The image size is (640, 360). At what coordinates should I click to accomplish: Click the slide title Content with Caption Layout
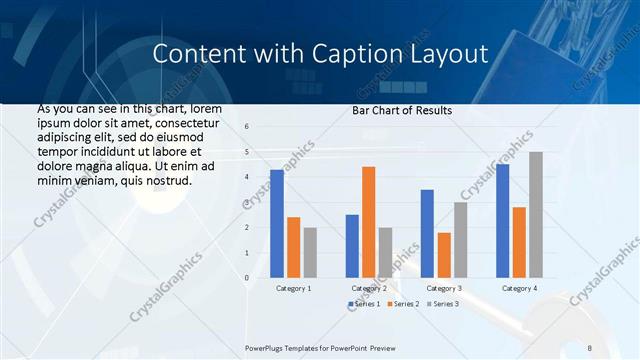coord(320,53)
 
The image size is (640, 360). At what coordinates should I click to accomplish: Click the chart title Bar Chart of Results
coord(402,110)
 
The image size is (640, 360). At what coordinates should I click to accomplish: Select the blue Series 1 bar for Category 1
coord(277,223)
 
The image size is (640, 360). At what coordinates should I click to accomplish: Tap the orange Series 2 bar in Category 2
coord(368,222)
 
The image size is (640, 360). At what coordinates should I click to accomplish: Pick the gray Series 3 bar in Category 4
coord(536,214)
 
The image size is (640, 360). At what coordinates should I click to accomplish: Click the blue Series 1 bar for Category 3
coord(427,233)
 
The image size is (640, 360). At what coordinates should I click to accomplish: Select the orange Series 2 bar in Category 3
coord(444,255)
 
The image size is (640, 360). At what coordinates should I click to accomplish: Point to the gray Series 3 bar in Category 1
coord(310,252)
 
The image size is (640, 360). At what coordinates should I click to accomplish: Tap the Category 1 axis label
coord(293,288)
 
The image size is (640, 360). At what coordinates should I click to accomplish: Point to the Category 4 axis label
coord(518,288)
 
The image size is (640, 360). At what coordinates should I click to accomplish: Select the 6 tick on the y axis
coord(247,127)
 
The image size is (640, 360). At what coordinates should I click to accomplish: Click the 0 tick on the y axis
coord(247,278)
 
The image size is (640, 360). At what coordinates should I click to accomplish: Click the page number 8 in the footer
coord(590,347)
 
